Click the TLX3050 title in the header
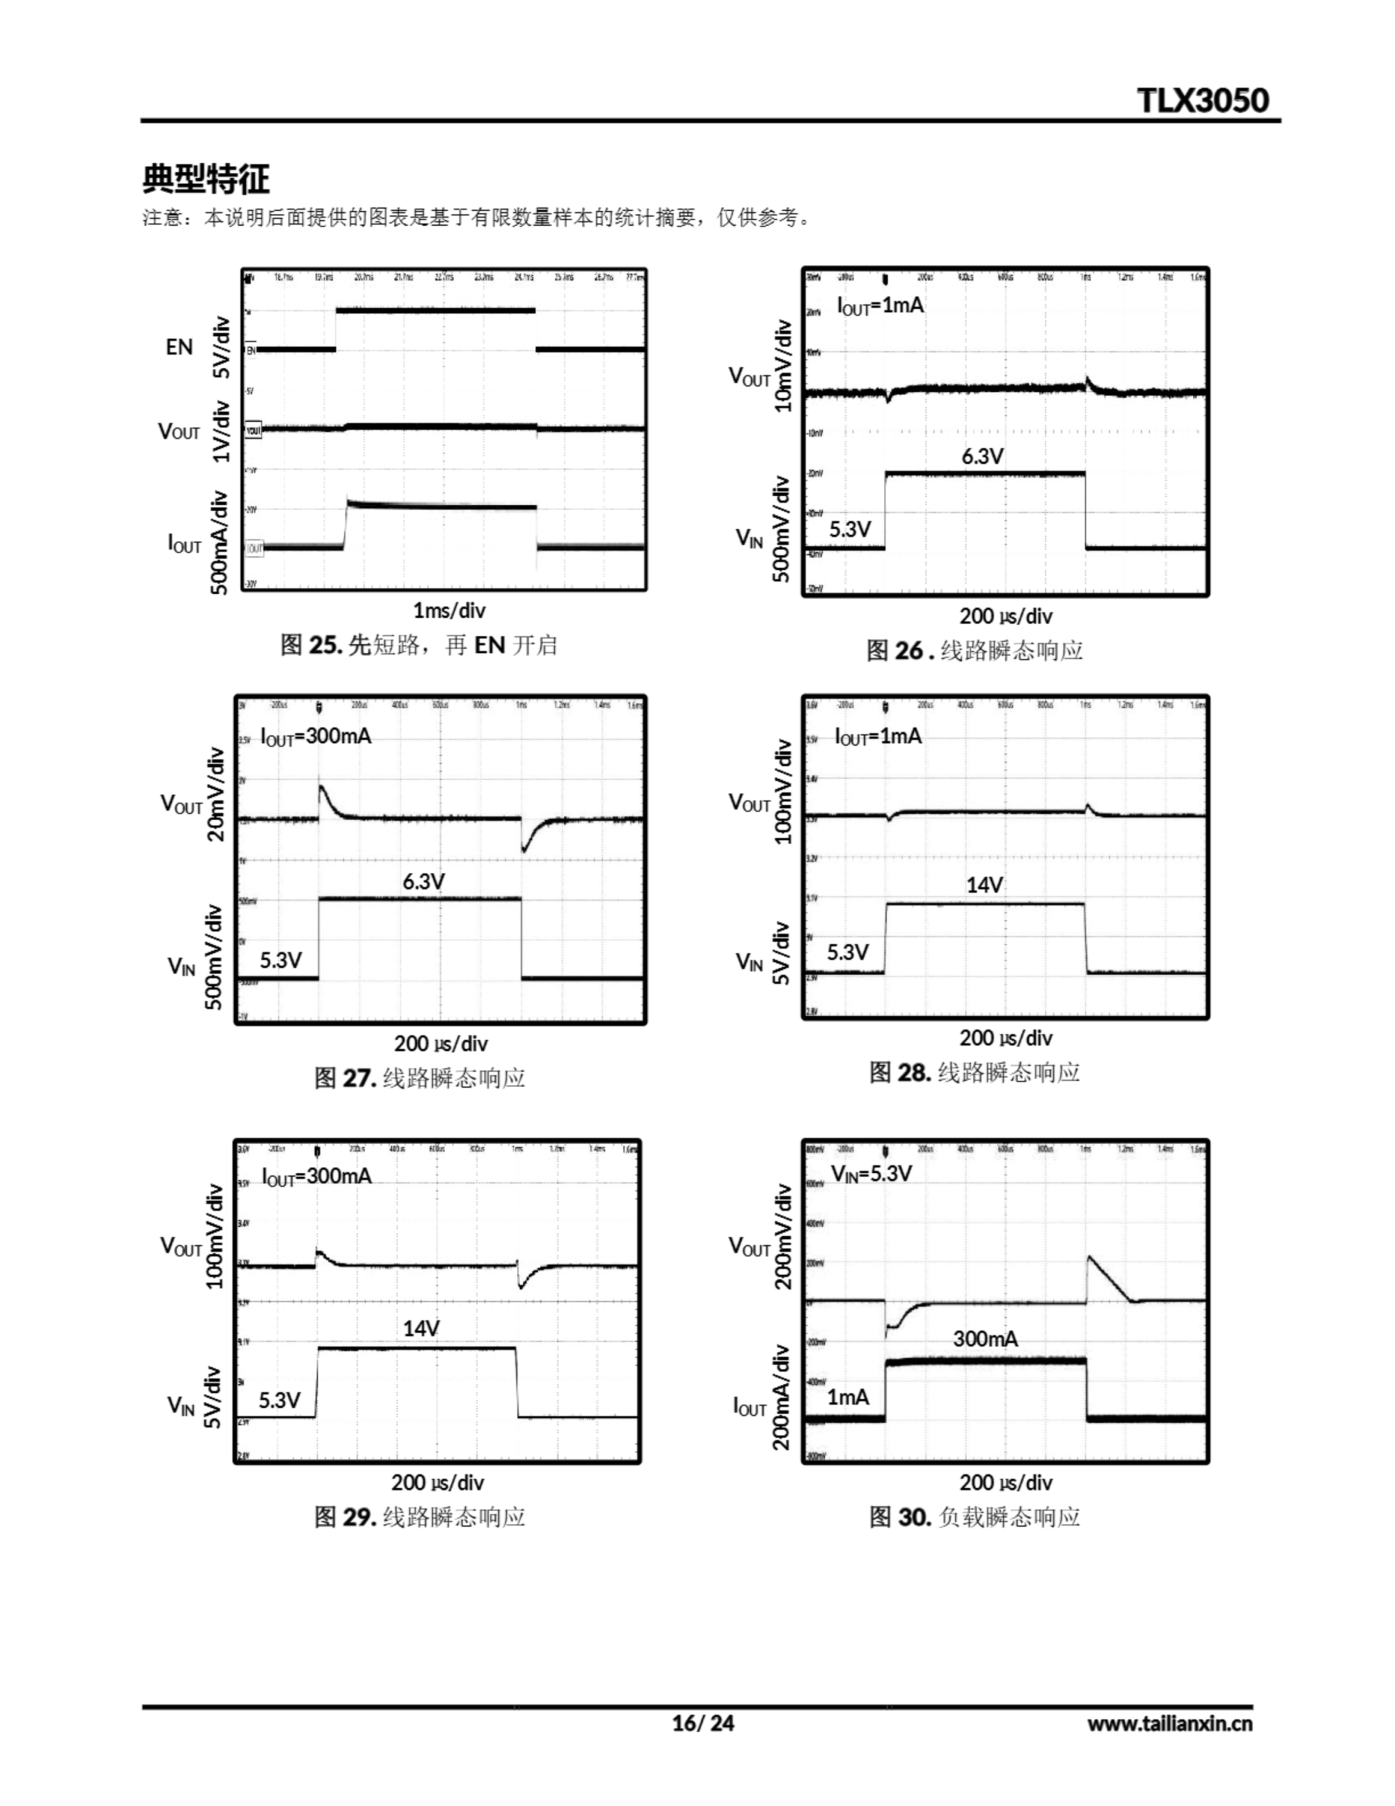pyautogui.click(x=1202, y=100)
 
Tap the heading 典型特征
pyautogui.click(x=206, y=178)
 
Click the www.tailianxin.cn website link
pyautogui.click(x=1169, y=1723)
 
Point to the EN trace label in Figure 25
pyautogui.click(x=179, y=347)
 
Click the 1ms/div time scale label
pyautogui.click(x=449, y=610)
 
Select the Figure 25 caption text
pyautogui.click(x=418, y=645)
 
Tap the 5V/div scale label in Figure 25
pyautogui.click(x=221, y=347)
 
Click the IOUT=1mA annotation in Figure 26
pyautogui.click(x=880, y=306)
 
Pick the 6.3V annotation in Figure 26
pyautogui.click(x=982, y=456)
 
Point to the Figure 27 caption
pyautogui.click(x=419, y=1078)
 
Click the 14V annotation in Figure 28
pyautogui.click(x=984, y=885)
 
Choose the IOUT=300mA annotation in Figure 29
pyautogui.click(x=317, y=1176)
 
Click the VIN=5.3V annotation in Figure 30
pyautogui.click(x=872, y=1173)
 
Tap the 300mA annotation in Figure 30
pyautogui.click(x=985, y=1339)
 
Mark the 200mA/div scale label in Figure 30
pyautogui.click(x=782, y=1397)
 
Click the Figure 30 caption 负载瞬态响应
pyautogui.click(x=975, y=1517)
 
